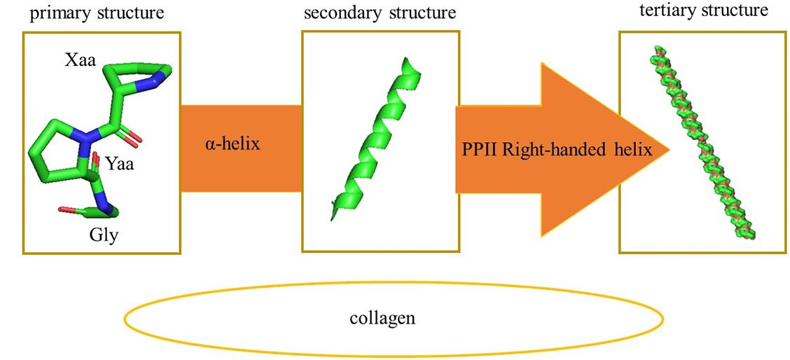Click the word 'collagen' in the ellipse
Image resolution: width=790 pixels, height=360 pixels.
(382, 317)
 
